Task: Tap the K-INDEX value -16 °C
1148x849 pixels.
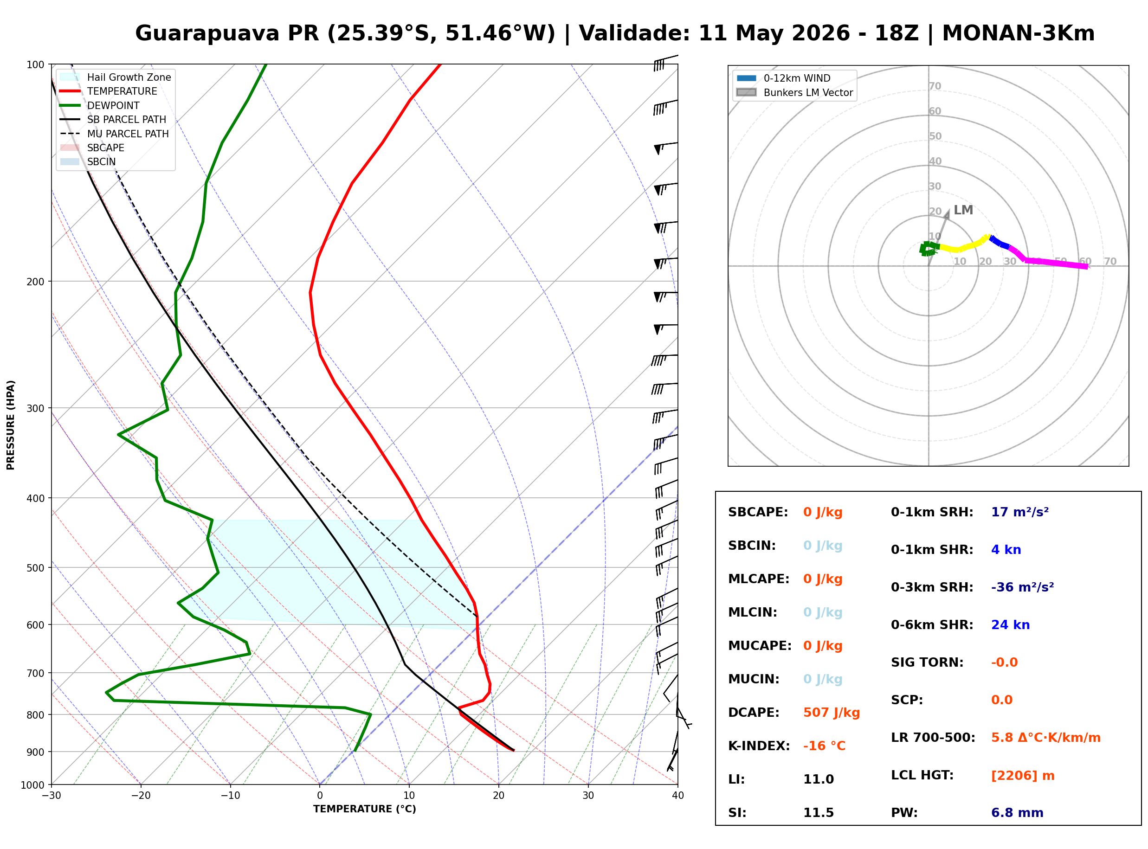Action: click(x=824, y=746)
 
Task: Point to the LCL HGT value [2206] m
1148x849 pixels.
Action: click(x=1023, y=776)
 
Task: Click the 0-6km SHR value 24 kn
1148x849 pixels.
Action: click(x=1010, y=625)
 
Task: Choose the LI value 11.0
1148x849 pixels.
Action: click(x=818, y=779)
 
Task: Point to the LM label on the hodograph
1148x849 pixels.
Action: click(x=963, y=210)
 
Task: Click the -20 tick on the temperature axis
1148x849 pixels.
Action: click(x=140, y=796)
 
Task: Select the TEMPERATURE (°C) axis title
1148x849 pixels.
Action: click(x=365, y=810)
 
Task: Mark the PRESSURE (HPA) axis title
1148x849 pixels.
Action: click(x=10, y=425)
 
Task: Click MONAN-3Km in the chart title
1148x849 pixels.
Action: click(x=1019, y=33)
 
